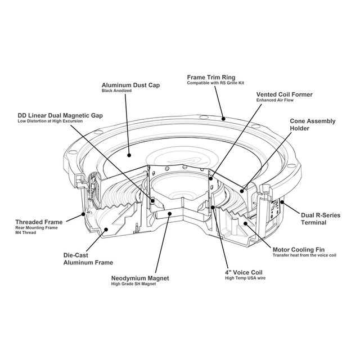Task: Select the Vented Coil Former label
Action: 285,94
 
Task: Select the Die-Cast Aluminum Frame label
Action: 88,259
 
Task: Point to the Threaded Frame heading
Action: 39,222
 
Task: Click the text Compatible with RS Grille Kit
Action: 217,83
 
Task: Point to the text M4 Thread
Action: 25,232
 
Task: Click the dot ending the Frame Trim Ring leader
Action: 223,119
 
